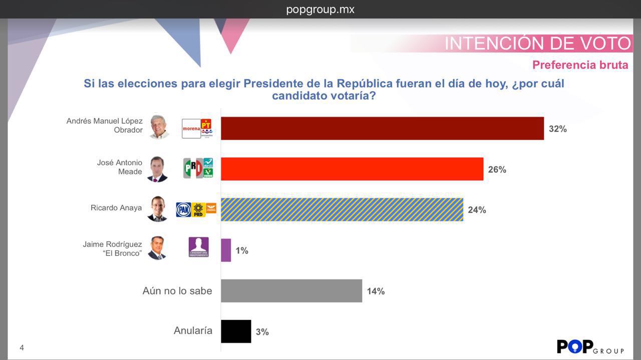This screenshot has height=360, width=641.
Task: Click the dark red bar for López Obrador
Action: [382, 129]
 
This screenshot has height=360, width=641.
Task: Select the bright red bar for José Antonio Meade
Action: [352, 169]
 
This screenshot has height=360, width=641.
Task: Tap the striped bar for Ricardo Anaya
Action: [342, 210]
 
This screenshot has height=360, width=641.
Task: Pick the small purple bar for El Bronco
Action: [226, 250]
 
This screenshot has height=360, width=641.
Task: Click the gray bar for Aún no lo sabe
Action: [291, 291]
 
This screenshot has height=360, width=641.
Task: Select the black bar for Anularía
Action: [236, 331]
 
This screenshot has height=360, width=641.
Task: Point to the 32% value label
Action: [557, 129]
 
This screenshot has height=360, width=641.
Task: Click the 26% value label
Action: [497, 170]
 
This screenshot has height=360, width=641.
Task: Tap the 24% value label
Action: [477, 210]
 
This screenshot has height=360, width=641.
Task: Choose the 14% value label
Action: [376, 291]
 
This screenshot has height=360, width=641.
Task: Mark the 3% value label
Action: [262, 332]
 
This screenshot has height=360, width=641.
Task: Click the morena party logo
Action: [191, 129]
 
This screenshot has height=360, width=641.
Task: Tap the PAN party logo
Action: [183, 210]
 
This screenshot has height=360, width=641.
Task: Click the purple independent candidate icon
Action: [198, 247]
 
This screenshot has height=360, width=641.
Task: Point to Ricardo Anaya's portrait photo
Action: [157, 209]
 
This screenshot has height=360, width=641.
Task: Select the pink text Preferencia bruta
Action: [580, 65]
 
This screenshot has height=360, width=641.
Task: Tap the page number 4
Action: [22, 347]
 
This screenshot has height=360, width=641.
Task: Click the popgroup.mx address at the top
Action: [320, 10]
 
